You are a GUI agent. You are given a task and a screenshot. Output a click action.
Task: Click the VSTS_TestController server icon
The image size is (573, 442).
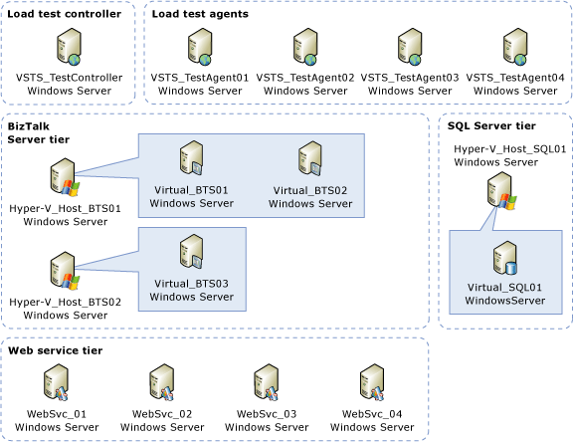pyautogui.click(x=69, y=45)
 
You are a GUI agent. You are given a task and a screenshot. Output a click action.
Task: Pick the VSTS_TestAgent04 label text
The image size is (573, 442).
pyautogui.click(x=515, y=77)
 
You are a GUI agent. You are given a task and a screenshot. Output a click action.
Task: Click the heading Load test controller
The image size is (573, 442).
pyautogui.click(x=65, y=14)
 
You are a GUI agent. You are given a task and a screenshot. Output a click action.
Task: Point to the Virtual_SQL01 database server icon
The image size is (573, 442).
pyautogui.click(x=505, y=259)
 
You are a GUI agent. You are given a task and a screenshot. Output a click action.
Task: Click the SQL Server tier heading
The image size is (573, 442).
pyautogui.click(x=492, y=125)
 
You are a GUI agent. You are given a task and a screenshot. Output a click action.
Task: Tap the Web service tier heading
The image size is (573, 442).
pyautogui.click(x=56, y=351)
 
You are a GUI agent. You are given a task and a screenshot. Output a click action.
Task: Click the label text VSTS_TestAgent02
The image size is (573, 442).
pyautogui.click(x=305, y=77)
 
